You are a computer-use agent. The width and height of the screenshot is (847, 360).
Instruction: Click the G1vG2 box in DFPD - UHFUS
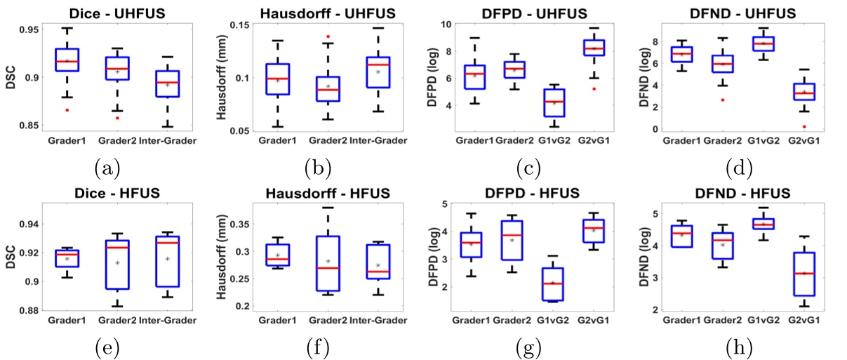pyautogui.click(x=554, y=102)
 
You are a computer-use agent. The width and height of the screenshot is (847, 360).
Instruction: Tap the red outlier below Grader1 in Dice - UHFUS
pyautogui.click(x=67, y=110)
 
